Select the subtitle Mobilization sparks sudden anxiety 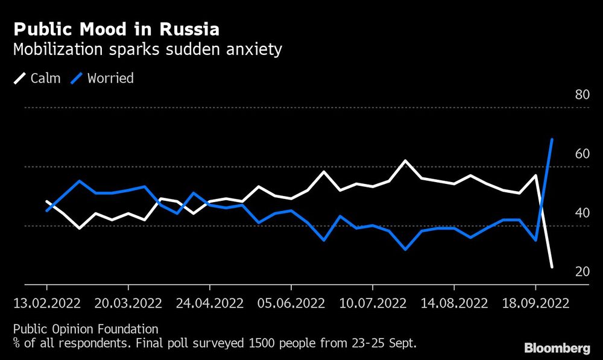coord(147,49)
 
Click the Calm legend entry coord(37,78)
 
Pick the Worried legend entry coord(103,78)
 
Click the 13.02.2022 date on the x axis coord(47,303)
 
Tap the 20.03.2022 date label coord(128,303)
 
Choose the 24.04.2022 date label coord(210,303)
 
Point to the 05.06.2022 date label coord(291,303)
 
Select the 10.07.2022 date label coord(373,303)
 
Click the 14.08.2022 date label coord(454,303)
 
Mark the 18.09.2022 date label coord(535,303)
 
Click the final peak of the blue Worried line coord(552,139)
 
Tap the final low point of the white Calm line coord(552,267)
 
